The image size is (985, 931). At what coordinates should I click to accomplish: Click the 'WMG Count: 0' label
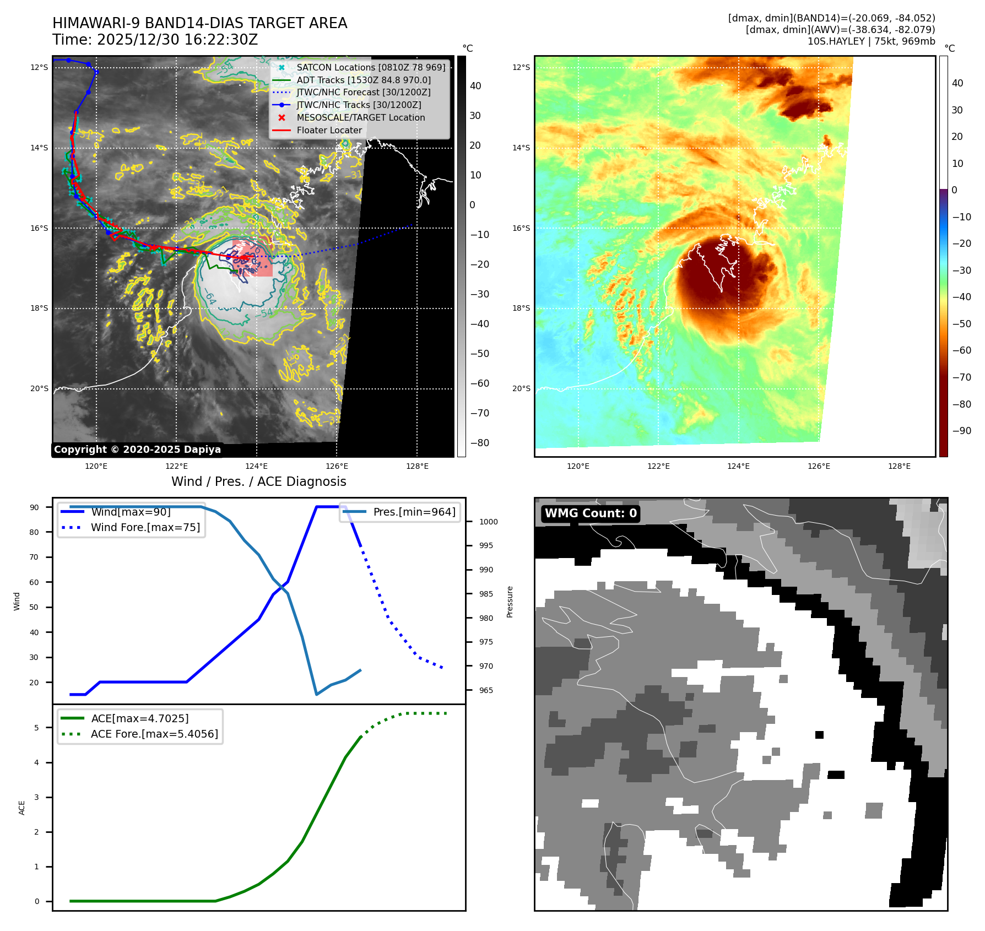591,513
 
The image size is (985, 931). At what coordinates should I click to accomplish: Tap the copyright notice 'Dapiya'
137,450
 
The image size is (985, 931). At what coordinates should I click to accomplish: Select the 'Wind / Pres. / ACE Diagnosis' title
258,481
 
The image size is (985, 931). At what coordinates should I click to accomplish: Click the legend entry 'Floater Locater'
329,131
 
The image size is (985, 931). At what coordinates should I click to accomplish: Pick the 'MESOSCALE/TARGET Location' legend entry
360,118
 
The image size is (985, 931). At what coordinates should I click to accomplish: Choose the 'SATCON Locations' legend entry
371,68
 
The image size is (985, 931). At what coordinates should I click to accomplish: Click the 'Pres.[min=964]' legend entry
414,512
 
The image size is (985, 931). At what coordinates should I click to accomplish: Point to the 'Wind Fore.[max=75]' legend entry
145,528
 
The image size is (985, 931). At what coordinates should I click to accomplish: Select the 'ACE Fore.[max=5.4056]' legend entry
154,734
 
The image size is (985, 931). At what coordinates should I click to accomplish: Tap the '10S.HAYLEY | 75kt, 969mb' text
871,41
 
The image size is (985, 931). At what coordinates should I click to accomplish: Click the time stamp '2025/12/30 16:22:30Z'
177,40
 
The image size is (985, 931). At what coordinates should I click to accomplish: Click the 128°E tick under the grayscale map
417,467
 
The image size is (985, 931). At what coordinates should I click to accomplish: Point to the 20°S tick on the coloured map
521,389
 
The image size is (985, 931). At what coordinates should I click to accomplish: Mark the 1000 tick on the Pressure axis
488,522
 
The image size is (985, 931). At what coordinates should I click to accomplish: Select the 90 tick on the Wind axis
34,507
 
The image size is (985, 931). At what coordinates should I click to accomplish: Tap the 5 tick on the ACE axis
37,728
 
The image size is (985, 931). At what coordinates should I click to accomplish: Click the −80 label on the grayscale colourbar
479,443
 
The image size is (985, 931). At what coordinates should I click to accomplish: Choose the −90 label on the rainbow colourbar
962,431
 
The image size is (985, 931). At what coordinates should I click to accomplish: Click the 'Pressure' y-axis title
510,602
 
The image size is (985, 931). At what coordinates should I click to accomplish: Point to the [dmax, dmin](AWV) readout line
840,30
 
